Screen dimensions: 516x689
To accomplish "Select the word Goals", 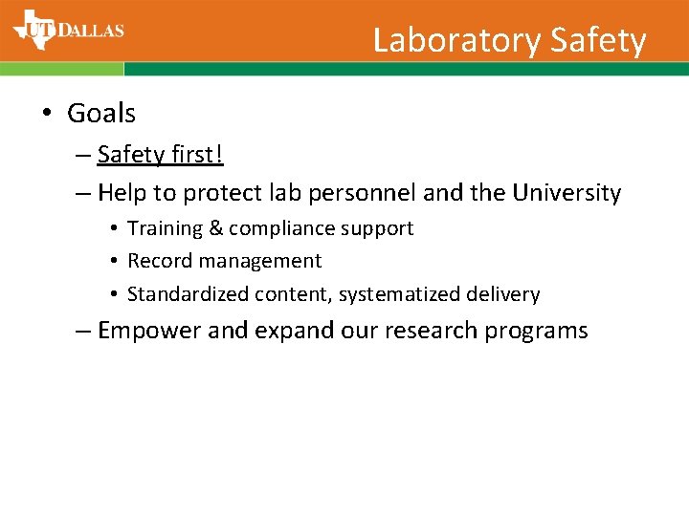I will [x=101, y=113].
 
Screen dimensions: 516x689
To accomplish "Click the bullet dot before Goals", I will [x=46, y=114].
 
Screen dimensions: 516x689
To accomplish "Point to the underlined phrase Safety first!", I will [x=160, y=154].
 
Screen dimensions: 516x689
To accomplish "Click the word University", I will [x=567, y=193].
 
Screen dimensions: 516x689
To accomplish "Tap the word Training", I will [x=166, y=228].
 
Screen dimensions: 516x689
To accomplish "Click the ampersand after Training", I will [x=216, y=228].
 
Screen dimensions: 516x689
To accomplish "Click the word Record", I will [x=159, y=261].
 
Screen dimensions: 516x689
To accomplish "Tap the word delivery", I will [x=505, y=294].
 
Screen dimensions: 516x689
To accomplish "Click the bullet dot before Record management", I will [x=113, y=262].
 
